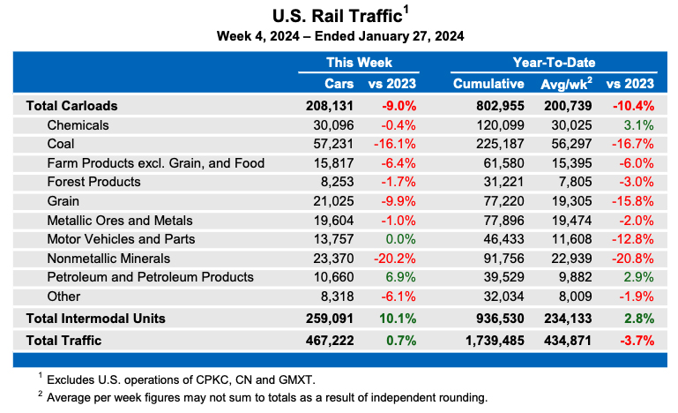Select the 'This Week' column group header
click(x=359, y=63)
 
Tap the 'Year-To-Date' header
click(x=553, y=63)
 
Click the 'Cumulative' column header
click(x=488, y=84)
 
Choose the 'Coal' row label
click(x=60, y=143)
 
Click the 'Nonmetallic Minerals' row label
click(x=108, y=258)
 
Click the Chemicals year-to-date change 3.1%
click(x=639, y=124)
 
